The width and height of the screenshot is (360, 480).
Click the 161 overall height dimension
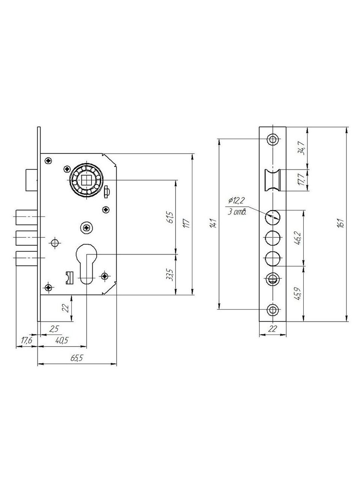tap(342, 223)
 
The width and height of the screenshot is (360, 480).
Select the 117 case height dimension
tap(187, 223)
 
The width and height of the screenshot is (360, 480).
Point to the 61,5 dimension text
tap(171, 217)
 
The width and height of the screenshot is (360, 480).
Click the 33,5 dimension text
tap(171, 275)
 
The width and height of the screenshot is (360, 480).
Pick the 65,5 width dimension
tap(77, 358)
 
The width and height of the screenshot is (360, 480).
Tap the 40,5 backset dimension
tap(62, 340)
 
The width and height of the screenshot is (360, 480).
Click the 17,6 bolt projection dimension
tap(27, 340)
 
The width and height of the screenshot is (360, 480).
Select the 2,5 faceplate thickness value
tap(54, 328)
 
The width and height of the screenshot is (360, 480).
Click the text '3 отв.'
tap(237, 212)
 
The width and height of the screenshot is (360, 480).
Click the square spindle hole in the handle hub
tap(87, 181)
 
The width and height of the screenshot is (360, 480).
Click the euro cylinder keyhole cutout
tap(87, 264)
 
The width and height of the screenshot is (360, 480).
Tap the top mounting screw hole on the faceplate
tap(273, 139)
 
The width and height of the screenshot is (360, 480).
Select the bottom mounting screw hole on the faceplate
tap(273, 310)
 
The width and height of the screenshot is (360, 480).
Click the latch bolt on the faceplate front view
tap(273, 180)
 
